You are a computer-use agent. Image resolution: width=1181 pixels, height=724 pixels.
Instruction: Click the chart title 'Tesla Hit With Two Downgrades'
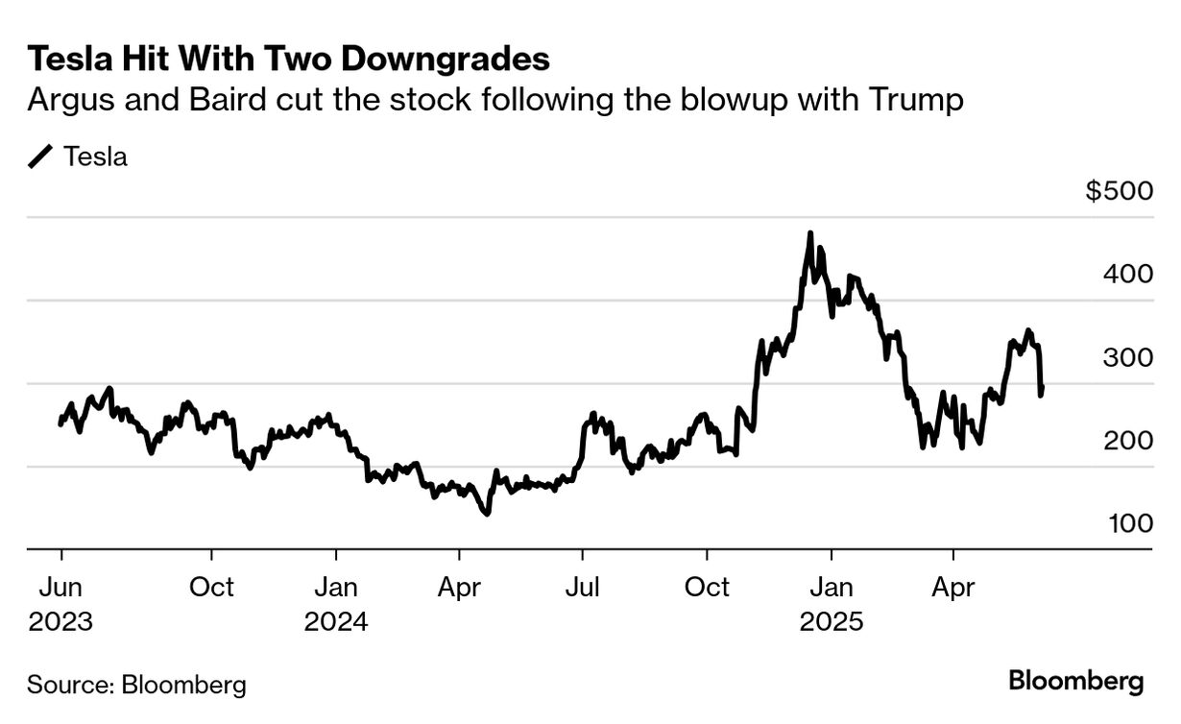288,59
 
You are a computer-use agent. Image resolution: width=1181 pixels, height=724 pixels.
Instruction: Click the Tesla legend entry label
95,157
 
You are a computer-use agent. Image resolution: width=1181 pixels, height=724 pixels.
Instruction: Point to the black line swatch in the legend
41,157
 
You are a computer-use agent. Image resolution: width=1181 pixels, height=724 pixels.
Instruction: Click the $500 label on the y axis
1119,191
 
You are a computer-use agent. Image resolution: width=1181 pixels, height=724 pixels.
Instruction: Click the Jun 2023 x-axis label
60,603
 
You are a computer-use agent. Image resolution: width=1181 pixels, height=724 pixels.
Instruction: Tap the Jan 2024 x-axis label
336,603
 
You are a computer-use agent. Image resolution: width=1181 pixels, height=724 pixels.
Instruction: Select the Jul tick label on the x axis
582,586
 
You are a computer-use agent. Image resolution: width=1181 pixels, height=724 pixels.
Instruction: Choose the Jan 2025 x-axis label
832,603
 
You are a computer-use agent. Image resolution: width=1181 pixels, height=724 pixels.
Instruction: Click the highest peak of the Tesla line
810,233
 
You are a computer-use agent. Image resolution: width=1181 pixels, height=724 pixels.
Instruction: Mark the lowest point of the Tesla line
487,514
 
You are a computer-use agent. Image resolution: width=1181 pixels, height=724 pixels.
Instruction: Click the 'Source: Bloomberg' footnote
136,685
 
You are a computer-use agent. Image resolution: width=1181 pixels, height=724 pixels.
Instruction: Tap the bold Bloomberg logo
1076,682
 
